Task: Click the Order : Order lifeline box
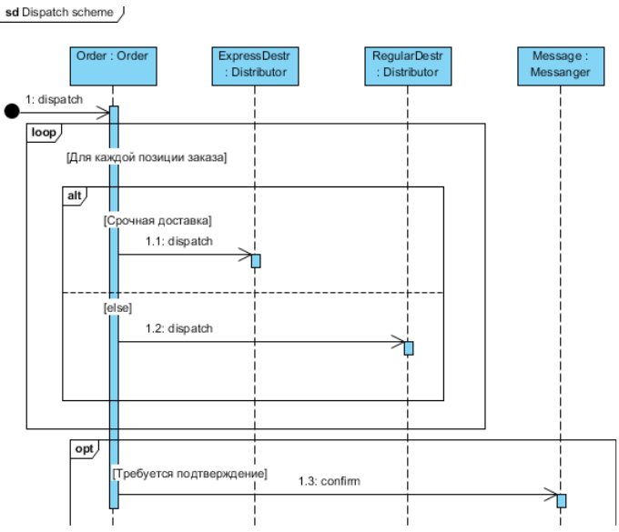pos(114,64)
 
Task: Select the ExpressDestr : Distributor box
pos(255,64)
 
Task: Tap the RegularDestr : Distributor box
pos(407,64)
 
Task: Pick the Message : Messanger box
pos(560,64)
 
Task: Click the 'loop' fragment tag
pos(43,133)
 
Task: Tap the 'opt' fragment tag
pos(84,448)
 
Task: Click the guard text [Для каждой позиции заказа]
pos(146,157)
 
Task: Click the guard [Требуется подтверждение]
pos(189,473)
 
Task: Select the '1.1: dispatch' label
pos(178,241)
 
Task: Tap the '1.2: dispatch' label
pos(179,328)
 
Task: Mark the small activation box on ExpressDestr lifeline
pos(256,261)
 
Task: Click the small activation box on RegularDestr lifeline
pos(409,348)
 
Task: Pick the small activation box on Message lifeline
pos(562,501)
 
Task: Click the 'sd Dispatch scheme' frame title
pos(61,14)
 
